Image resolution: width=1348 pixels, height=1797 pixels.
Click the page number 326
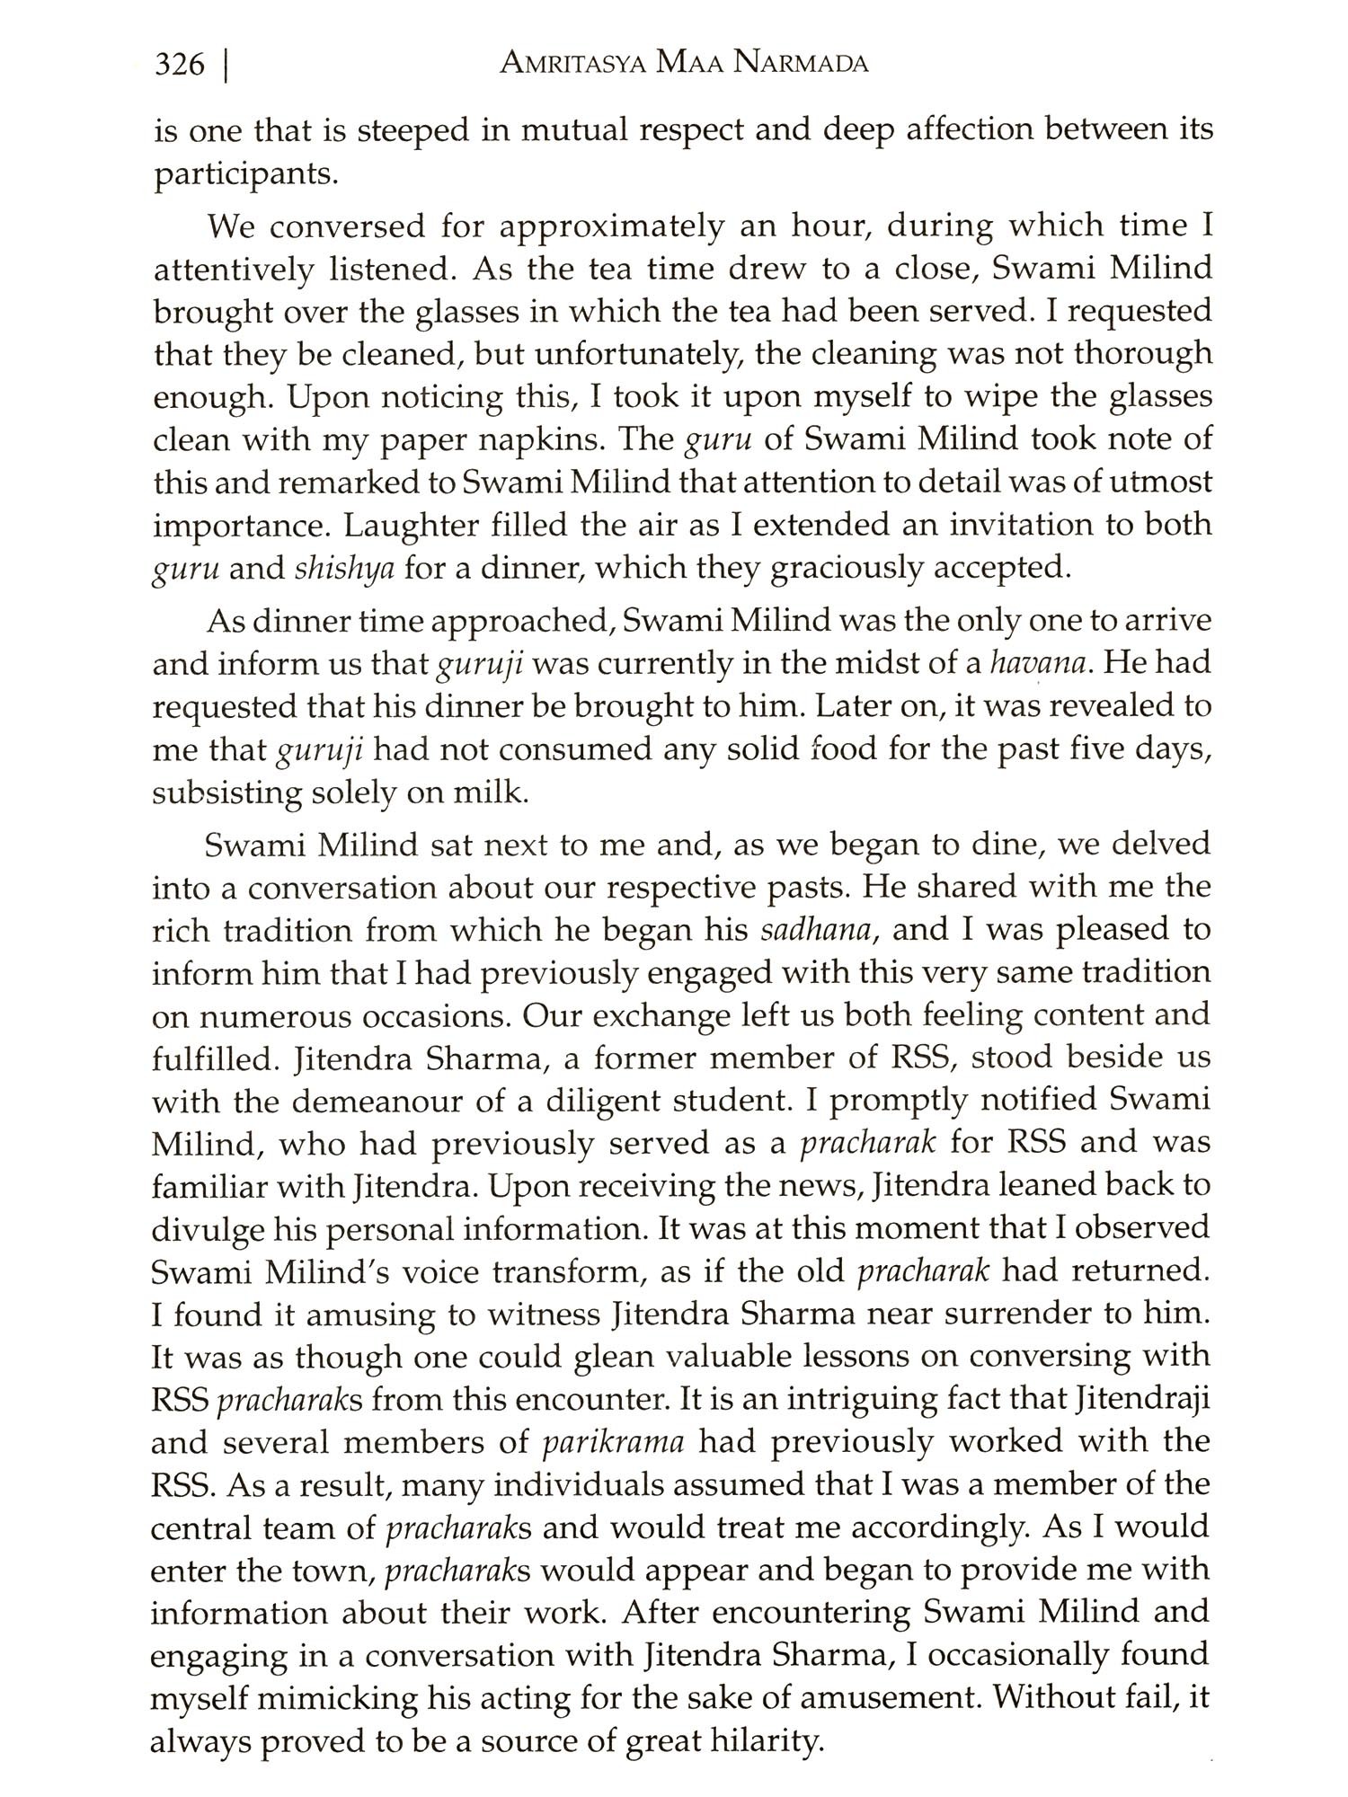pyautogui.click(x=180, y=66)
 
